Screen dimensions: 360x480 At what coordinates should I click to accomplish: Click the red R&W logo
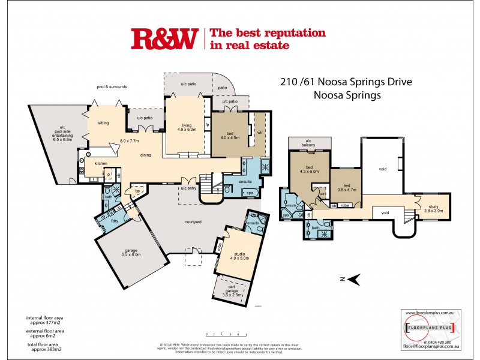click(x=164, y=40)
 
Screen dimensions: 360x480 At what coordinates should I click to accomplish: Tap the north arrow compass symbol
click(x=354, y=278)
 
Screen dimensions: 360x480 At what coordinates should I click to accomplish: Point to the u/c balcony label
click(x=310, y=142)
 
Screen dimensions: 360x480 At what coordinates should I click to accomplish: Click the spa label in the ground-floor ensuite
click(x=249, y=193)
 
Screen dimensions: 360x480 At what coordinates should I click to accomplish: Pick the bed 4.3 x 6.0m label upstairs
click(x=309, y=171)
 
